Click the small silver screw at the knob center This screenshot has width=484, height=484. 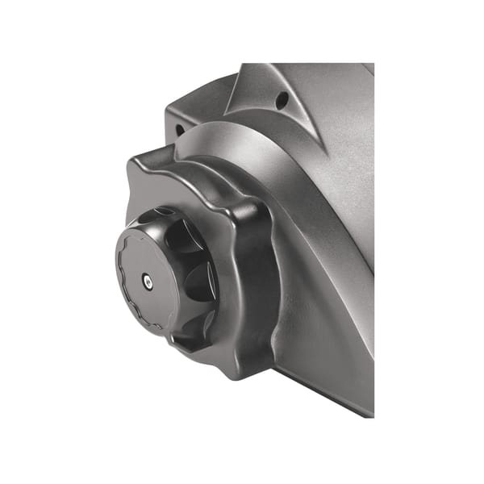145,279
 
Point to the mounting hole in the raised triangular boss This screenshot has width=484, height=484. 282,101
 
